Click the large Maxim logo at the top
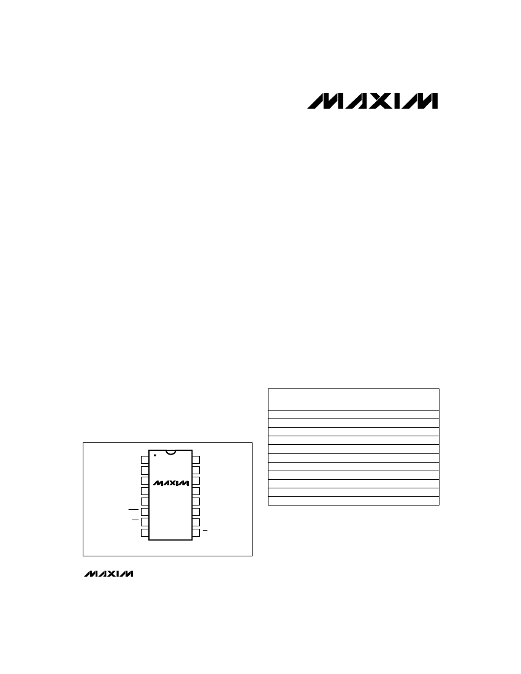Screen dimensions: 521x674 tap(372, 101)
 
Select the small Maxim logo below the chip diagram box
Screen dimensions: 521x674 tap(108, 574)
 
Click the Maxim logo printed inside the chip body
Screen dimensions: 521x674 tap(170, 483)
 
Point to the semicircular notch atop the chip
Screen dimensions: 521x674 tap(170, 452)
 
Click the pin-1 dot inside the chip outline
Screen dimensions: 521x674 tap(154, 455)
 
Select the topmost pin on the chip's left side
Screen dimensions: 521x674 tap(145, 460)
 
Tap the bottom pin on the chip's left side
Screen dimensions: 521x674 tap(145, 532)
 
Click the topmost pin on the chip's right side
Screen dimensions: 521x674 tap(196, 460)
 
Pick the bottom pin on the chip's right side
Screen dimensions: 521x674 tap(196, 532)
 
